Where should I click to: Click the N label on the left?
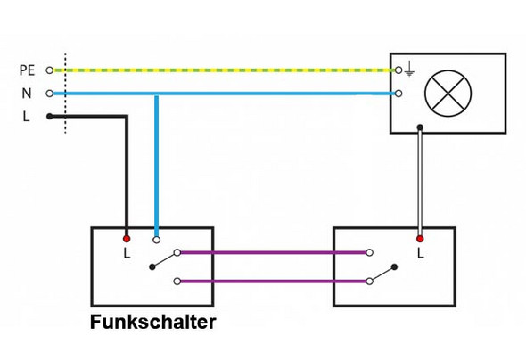coord(27,93)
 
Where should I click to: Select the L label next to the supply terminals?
coord(27,116)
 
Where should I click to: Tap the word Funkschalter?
coord(152,323)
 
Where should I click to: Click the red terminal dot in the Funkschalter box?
coord(127,239)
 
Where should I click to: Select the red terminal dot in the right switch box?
coord(420,239)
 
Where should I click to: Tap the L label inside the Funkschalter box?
coord(127,254)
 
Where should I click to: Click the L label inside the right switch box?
coord(420,254)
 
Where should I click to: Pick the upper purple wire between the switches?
coord(272,252)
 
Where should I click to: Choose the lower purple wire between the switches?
coord(272,282)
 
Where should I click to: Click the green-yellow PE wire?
coord(223,69)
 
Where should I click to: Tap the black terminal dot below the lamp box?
coord(420,127)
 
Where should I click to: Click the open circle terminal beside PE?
coord(50,70)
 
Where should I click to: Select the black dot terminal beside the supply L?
coord(50,116)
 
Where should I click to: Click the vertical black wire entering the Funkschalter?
coord(127,178)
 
